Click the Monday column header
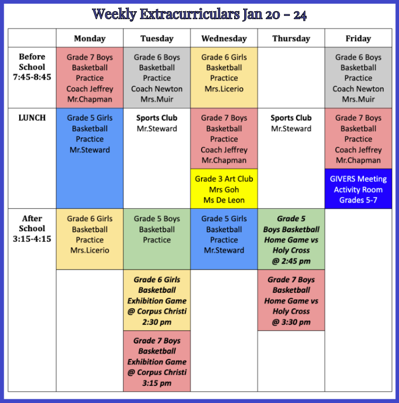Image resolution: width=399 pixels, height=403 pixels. tap(90, 38)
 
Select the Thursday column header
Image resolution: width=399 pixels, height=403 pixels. tap(291, 38)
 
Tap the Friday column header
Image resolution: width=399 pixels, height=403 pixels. tap(358, 38)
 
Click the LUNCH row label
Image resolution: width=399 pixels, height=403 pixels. tap(32, 117)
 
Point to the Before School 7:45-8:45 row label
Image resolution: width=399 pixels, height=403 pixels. tap(32, 67)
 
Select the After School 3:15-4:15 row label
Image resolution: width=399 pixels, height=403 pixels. tap(32, 229)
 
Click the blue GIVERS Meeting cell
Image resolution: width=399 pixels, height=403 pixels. tap(358, 189)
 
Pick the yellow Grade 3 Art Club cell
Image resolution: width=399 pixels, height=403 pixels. tap(224, 189)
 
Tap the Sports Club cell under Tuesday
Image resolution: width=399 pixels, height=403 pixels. tap(156, 158)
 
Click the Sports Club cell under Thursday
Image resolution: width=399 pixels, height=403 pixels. tap(291, 158)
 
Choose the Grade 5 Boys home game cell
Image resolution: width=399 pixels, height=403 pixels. tap(291, 239)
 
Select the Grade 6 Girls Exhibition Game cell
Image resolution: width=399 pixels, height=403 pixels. tap(156, 300)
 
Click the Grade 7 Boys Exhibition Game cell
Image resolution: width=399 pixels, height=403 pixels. tap(156, 361)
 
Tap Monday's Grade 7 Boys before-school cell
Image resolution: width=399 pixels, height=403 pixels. tap(90, 78)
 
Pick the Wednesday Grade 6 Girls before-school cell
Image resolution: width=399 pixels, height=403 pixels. tap(224, 78)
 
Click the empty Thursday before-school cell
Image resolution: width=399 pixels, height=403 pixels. tap(291, 78)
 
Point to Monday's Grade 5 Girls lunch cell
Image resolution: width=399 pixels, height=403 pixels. tap(90, 158)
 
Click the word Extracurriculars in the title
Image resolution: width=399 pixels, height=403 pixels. tap(189, 14)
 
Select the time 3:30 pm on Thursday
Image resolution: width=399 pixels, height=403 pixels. tap(296, 322)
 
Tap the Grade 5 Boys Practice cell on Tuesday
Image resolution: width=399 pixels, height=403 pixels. tap(156, 239)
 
